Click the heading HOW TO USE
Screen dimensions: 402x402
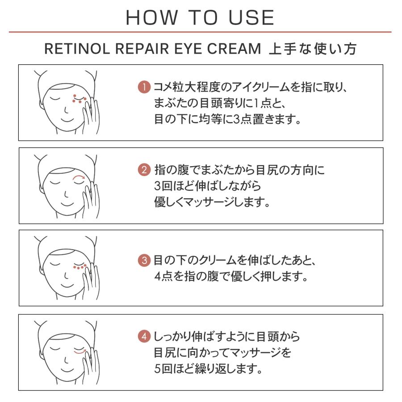pyautogui.click(x=200, y=17)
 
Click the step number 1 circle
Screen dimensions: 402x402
pyautogui.click(x=144, y=87)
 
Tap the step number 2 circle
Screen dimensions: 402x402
pyautogui.click(x=144, y=170)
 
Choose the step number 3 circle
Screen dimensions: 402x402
pyautogui.click(x=144, y=260)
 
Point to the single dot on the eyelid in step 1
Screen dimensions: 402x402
pyautogui.click(x=75, y=96)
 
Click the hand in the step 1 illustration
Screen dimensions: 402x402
pyautogui.click(x=92, y=117)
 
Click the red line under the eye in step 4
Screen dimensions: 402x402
pyautogui.click(x=79, y=353)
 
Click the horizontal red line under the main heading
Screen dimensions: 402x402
pyautogui.click(x=200, y=32)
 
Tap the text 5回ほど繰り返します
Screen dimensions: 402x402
pyautogui.click(x=207, y=369)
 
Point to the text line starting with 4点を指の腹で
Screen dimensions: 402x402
pyautogui.click(x=231, y=276)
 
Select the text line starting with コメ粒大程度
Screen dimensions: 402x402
pyautogui.click(x=250, y=87)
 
